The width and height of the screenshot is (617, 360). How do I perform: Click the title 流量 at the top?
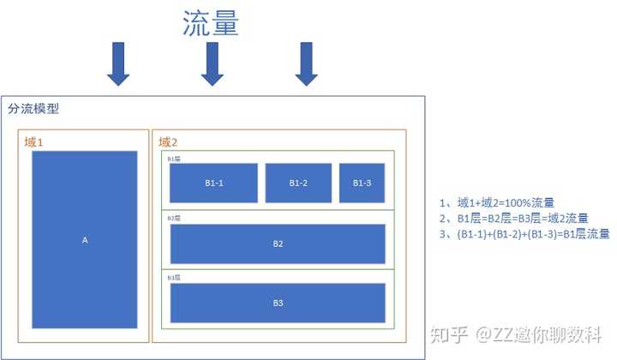coord(211,22)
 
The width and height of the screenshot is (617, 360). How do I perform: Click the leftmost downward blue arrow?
coord(117,65)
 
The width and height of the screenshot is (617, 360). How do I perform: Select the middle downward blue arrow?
coord(212,65)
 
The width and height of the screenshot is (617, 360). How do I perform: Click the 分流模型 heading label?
coord(33,109)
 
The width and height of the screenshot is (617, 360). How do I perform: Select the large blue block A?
coord(84,240)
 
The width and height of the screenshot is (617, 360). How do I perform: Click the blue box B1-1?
coord(213,183)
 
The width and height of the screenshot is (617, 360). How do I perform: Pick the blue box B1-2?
coord(297,183)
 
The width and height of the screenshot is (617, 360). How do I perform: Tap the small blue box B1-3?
coord(362,183)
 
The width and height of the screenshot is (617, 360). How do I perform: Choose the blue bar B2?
coord(278,243)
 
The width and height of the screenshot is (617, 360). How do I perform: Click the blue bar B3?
coord(278,303)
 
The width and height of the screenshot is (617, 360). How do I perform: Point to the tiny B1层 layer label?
coord(173,159)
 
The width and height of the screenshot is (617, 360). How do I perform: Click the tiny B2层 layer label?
coord(173,218)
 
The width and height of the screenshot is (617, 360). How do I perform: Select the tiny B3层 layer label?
coord(173,278)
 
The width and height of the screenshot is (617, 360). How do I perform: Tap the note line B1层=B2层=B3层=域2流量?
coord(512,219)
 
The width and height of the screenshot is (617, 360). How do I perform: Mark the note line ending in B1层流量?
coord(524,234)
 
